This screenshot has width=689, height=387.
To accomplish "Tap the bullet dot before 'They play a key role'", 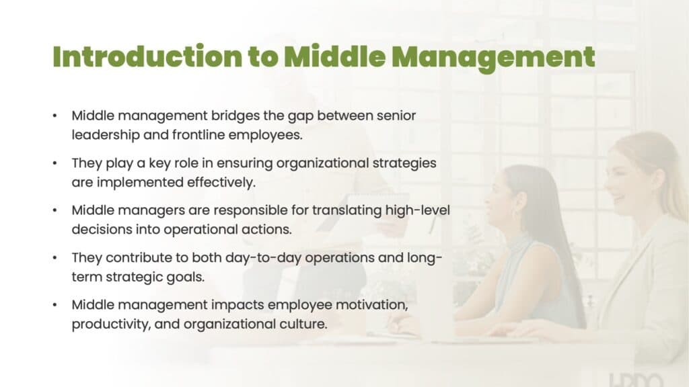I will pos(55,163).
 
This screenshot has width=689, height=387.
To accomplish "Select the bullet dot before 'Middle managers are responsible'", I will pos(55,210).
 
